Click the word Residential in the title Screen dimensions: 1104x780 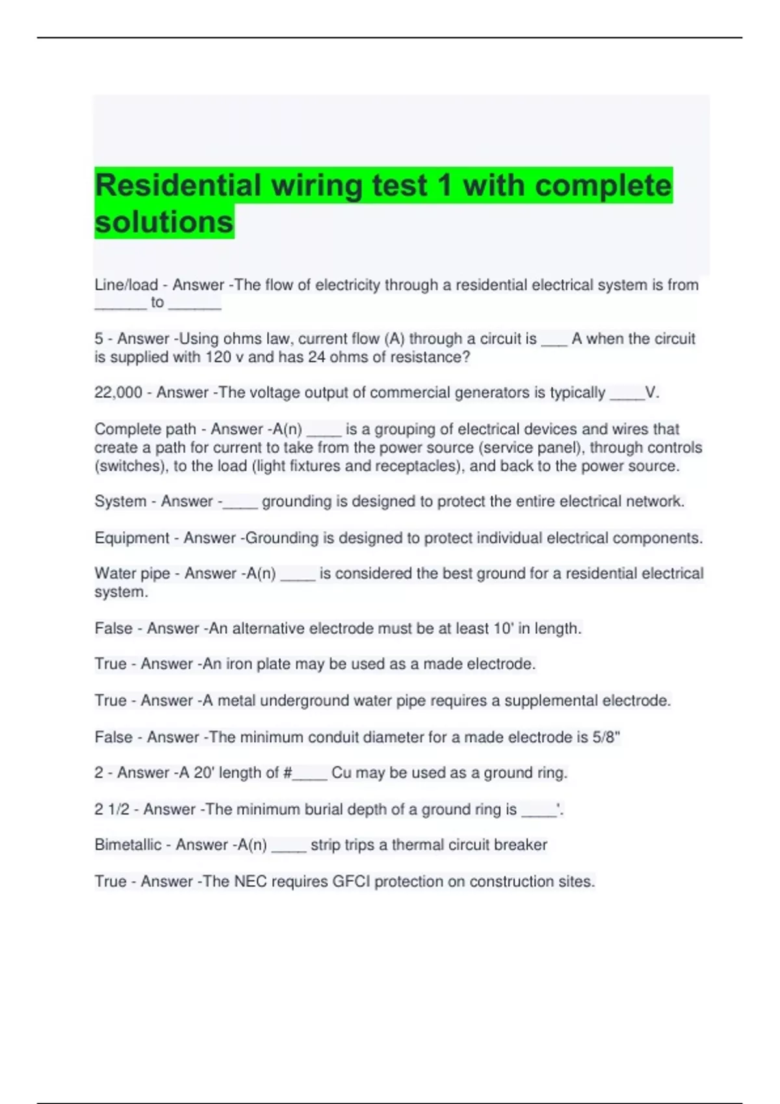click(177, 186)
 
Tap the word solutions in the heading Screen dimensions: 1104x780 click(164, 222)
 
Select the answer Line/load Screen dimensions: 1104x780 click(126, 285)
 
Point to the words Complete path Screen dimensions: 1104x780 click(145, 429)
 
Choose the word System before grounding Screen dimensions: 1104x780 click(120, 501)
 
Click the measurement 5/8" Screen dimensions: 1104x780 click(606, 737)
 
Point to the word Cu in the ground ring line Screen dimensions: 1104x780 click(341, 773)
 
